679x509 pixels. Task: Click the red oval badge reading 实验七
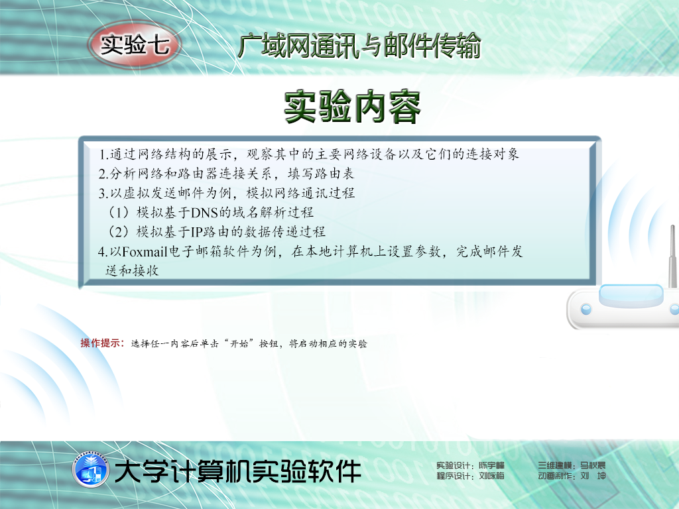(x=135, y=44)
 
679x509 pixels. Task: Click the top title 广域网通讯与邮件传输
(x=359, y=46)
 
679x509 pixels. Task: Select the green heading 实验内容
(x=352, y=107)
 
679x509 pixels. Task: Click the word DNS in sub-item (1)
(x=204, y=213)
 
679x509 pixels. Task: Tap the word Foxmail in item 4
(x=145, y=251)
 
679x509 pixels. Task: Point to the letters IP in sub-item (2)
(x=196, y=232)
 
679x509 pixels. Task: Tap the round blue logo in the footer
(x=90, y=470)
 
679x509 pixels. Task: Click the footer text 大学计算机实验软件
(x=238, y=471)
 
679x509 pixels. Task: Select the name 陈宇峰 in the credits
(x=491, y=466)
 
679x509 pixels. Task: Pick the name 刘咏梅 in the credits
(x=491, y=476)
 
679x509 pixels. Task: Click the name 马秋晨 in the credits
(x=593, y=466)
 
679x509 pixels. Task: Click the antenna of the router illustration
(x=673, y=256)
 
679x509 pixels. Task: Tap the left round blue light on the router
(x=586, y=309)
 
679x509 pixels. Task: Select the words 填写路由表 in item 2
(x=321, y=174)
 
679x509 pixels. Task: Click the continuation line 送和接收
(x=132, y=271)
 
